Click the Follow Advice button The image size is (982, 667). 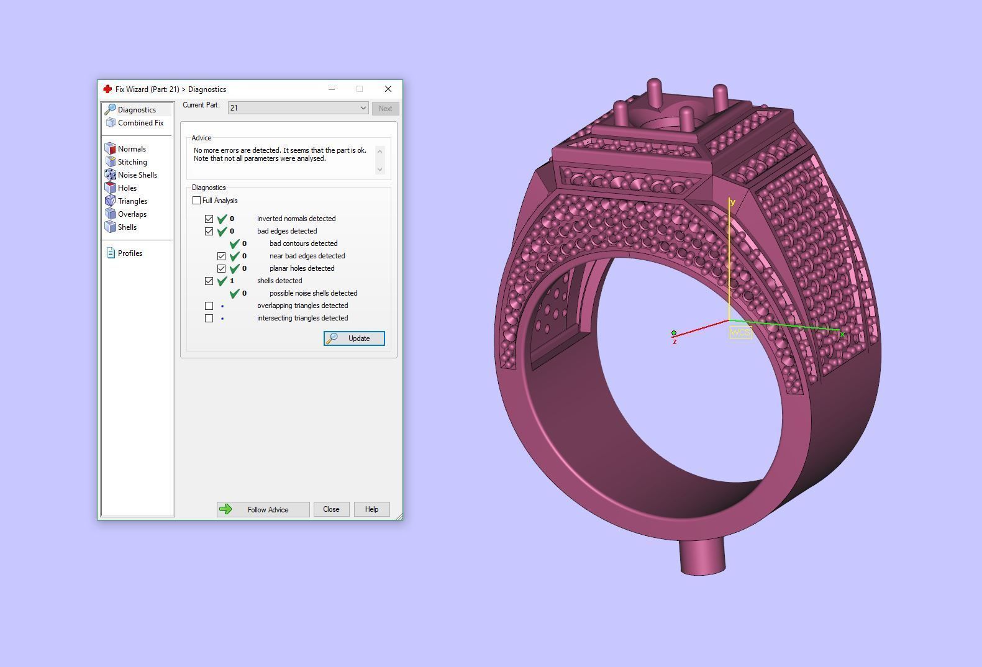click(263, 509)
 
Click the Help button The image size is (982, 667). click(371, 509)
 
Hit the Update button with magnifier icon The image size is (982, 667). click(354, 338)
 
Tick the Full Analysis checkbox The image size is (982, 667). click(197, 201)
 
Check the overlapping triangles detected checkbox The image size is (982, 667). click(209, 306)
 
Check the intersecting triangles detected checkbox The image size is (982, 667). click(209, 318)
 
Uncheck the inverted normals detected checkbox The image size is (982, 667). click(209, 219)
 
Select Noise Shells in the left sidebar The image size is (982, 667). click(137, 175)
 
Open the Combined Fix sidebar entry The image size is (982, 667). click(140, 123)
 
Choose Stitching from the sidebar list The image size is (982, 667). click(132, 162)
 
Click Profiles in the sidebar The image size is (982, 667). click(129, 253)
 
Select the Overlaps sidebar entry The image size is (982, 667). click(132, 214)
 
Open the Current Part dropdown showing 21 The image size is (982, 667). click(298, 108)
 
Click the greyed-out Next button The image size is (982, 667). click(385, 109)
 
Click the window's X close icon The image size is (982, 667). click(388, 89)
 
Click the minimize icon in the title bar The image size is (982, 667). click(332, 89)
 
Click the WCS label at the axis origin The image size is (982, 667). click(740, 332)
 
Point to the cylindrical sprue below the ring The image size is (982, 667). click(702, 556)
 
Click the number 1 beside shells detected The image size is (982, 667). click(232, 281)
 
